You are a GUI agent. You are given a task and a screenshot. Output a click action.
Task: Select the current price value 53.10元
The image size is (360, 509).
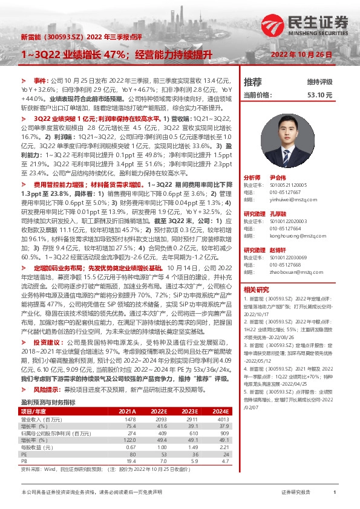[320, 95]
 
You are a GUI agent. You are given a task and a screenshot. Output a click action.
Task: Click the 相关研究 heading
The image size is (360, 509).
[256, 290]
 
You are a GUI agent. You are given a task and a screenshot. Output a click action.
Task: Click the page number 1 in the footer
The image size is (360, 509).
[335, 493]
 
